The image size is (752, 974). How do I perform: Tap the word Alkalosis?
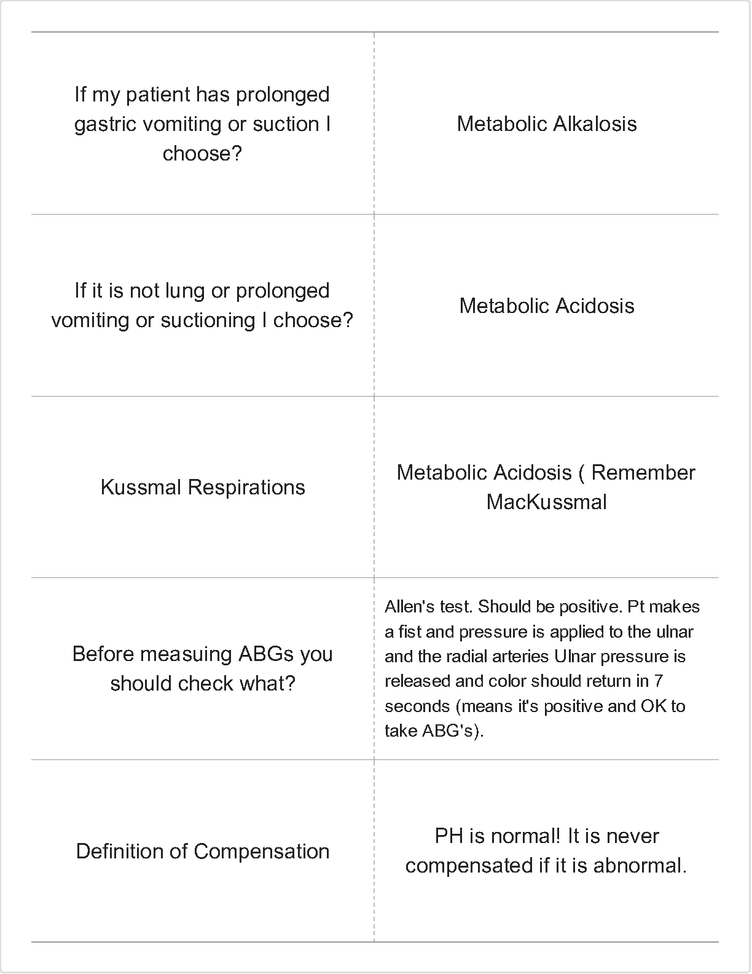pyautogui.click(x=595, y=124)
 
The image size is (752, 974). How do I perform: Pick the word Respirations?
pyautogui.click(x=246, y=488)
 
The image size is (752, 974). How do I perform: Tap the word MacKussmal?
pyautogui.click(x=546, y=502)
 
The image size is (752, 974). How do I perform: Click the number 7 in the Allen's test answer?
pyautogui.click(x=658, y=681)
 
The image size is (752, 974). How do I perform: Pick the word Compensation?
pyautogui.click(x=262, y=852)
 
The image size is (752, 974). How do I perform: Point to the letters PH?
pyautogui.click(x=448, y=836)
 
